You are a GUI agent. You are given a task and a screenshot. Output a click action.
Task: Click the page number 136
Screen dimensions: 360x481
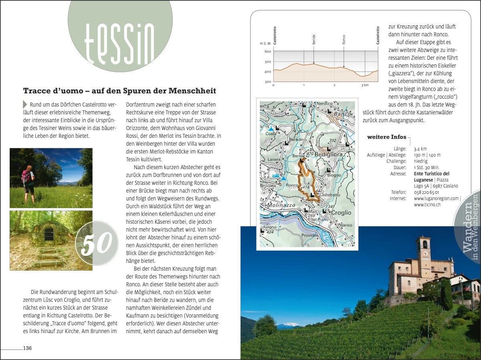pyautogui.click(x=27, y=348)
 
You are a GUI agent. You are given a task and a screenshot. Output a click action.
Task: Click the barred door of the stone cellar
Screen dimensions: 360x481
pyautogui.click(x=48, y=234)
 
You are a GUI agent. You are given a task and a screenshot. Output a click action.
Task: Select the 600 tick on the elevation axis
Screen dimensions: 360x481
pyautogui.click(x=267, y=52)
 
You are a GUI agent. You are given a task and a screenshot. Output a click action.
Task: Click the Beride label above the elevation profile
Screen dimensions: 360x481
pyautogui.click(x=314, y=39)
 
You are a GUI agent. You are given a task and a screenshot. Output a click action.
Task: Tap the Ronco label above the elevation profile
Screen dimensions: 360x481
pyautogui.click(x=344, y=39)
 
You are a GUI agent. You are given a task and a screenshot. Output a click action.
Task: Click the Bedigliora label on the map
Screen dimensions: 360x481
pyautogui.click(x=329, y=154)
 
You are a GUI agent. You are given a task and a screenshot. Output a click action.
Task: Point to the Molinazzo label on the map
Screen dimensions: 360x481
pyautogui.click(x=278, y=205)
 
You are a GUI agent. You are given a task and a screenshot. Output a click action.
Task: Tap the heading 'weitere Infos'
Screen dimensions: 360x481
pyautogui.click(x=386, y=137)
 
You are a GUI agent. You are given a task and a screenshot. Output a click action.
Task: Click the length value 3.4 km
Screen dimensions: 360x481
pyautogui.click(x=420, y=149)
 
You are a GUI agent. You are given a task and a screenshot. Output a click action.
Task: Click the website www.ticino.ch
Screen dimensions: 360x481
pyautogui.click(x=427, y=204)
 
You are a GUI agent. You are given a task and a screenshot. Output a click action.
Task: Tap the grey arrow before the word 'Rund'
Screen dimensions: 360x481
pyautogui.click(x=25, y=104)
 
